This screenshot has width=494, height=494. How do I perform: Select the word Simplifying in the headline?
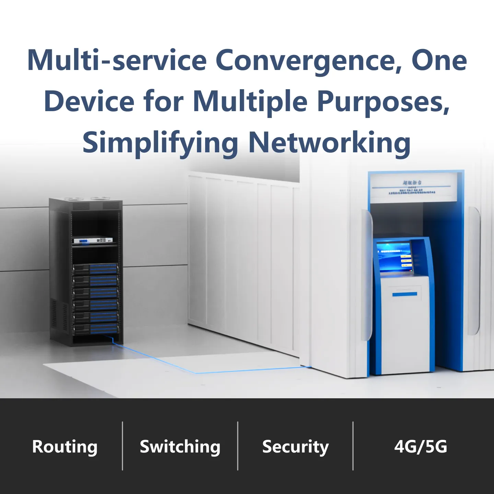160,143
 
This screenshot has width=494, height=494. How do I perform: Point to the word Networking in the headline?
329,143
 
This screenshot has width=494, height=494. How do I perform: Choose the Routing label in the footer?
65,447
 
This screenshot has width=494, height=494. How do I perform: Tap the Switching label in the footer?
180,447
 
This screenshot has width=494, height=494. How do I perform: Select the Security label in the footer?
295,447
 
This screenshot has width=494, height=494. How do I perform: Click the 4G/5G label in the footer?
421,447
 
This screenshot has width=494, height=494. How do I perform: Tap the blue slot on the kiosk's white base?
405,294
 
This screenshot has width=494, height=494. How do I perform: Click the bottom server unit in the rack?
95,329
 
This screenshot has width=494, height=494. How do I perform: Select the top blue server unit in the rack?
95,269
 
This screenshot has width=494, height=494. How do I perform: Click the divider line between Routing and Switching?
122,446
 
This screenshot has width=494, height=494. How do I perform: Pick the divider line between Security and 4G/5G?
353,446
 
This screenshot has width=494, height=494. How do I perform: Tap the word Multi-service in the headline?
117,61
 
